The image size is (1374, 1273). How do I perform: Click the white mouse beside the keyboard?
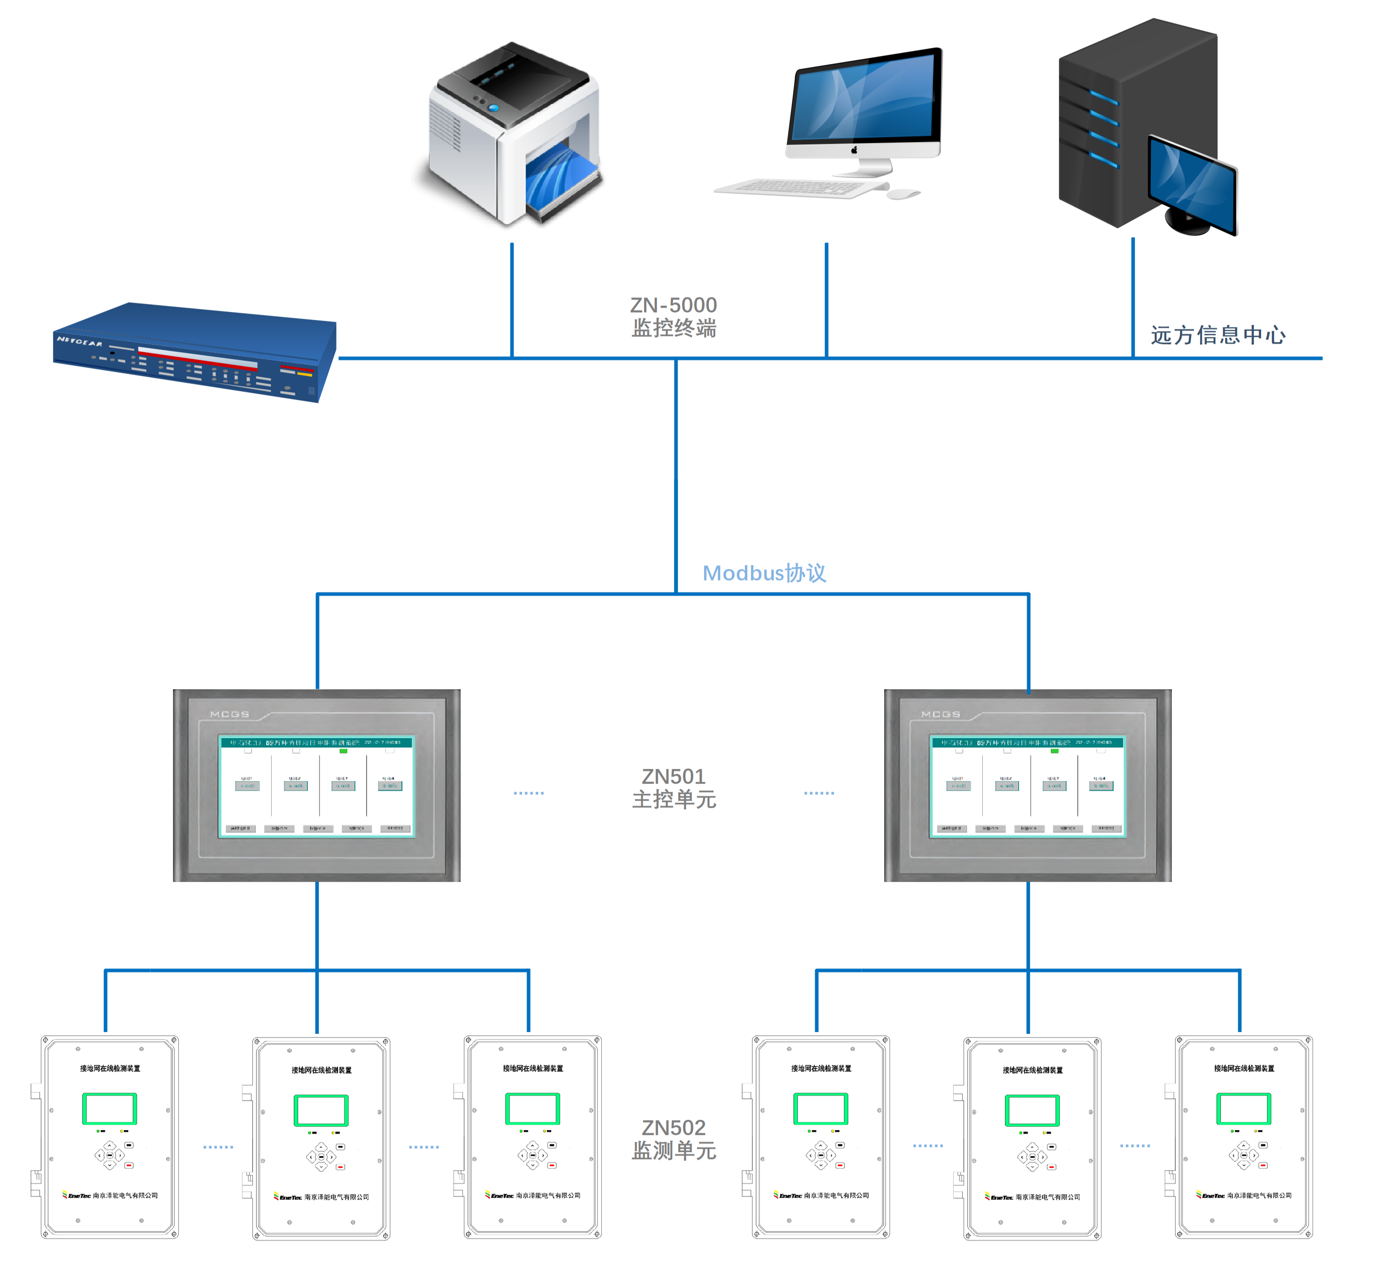903,194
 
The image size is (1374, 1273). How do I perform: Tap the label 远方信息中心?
1218,336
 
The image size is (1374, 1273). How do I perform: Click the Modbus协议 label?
764,573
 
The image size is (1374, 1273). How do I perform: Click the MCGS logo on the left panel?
229,714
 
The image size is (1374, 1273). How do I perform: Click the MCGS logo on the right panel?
941,714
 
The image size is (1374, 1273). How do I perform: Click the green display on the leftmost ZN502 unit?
109,1109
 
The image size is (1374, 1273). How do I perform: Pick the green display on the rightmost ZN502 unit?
1243,1109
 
